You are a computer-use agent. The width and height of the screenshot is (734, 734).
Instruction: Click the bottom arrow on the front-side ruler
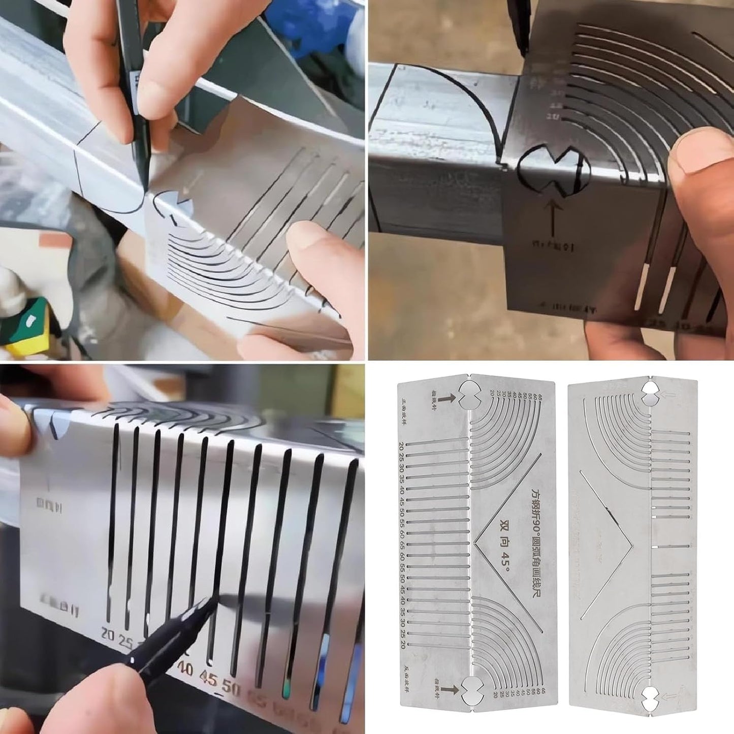(446, 689)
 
